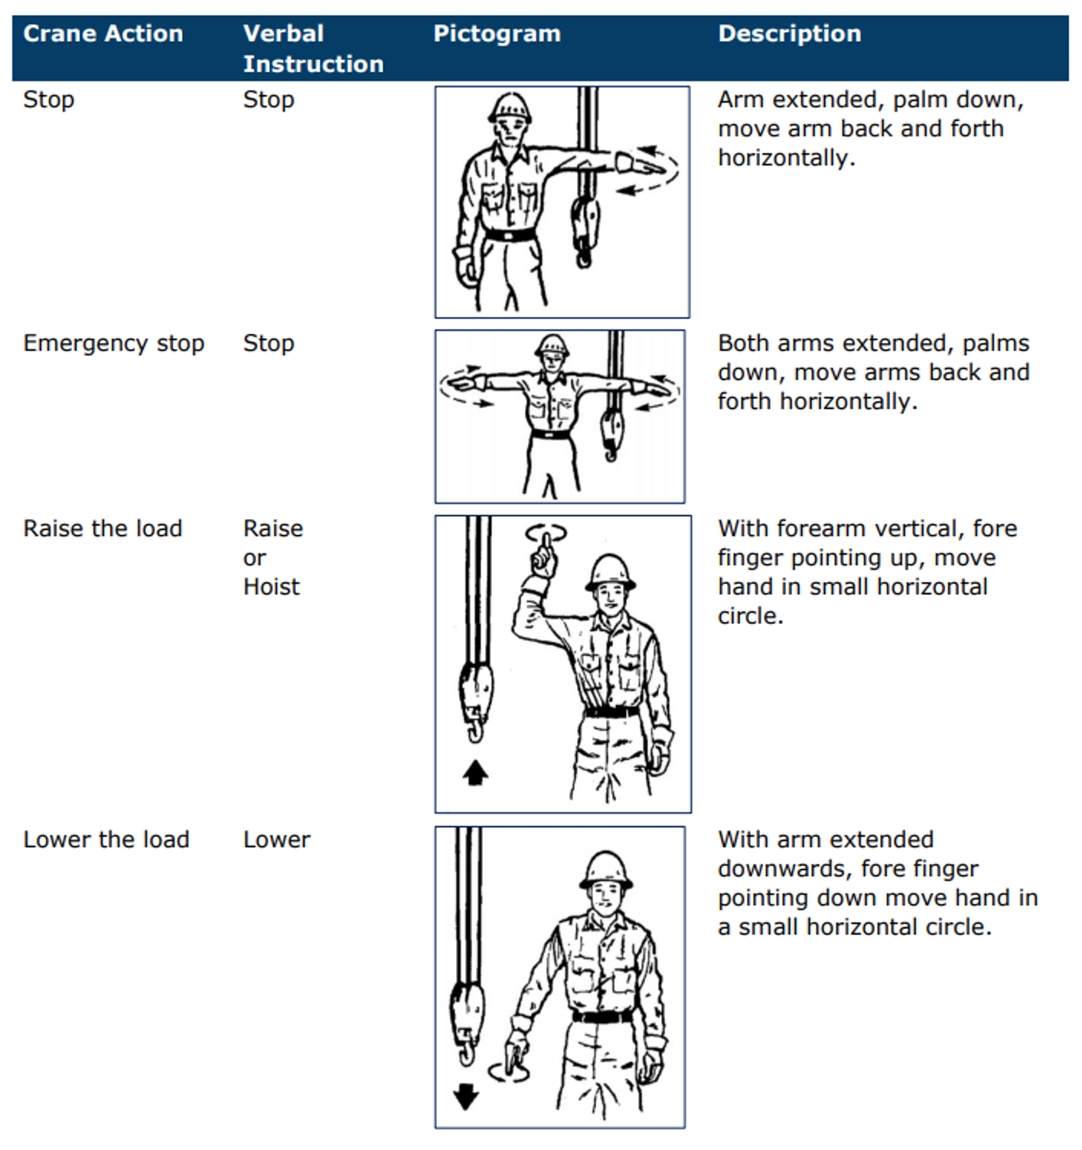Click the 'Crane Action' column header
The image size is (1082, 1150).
click(x=103, y=34)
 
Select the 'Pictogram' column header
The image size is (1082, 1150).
click(x=497, y=34)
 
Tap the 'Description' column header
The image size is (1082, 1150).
click(x=790, y=34)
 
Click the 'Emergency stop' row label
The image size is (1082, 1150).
click(x=113, y=343)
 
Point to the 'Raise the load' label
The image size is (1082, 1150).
click(x=103, y=528)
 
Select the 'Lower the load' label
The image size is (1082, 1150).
click(x=106, y=839)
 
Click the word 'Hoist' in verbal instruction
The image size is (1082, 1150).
click(x=272, y=586)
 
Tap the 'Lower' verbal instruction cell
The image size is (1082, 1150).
click(x=277, y=839)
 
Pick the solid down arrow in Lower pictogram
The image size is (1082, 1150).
click(x=465, y=1096)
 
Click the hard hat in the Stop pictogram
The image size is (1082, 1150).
click(x=510, y=108)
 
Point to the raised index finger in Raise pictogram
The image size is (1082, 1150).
click(x=546, y=545)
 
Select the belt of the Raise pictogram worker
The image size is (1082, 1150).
click(x=611, y=711)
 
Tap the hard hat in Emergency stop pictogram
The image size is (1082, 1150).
click(x=552, y=345)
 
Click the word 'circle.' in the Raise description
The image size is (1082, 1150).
click(x=750, y=616)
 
